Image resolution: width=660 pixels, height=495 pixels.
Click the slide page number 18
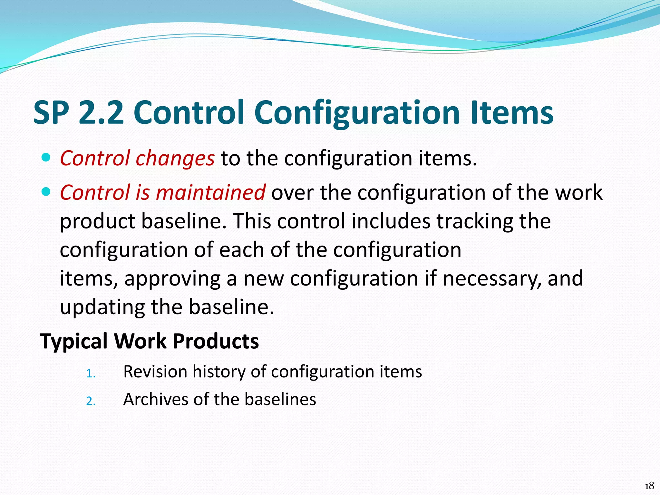pos(649,486)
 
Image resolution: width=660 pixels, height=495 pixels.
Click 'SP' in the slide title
pos(51,113)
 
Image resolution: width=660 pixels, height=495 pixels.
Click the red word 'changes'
pos(175,159)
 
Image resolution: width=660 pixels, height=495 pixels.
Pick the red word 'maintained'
pos(211,192)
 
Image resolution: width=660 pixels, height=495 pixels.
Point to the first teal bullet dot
pos(46,158)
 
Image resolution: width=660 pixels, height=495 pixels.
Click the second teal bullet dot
pos(46,192)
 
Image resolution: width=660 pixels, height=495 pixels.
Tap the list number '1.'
pos(91,374)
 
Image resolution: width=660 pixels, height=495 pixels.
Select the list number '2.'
pos(91,401)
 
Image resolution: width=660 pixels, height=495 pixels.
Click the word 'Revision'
pos(155,372)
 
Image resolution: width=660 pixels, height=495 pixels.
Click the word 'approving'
pos(172,279)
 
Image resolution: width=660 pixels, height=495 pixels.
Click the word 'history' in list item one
pos(219,372)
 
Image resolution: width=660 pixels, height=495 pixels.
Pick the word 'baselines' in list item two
pos(280,399)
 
